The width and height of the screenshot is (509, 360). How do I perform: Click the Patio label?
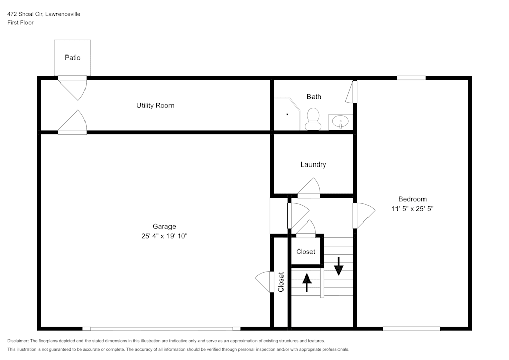point(72,58)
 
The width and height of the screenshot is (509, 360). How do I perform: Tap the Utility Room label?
point(155,106)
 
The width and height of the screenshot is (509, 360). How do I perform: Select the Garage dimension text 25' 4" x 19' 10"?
point(164,236)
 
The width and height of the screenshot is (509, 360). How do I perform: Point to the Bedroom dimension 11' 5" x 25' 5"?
point(412,208)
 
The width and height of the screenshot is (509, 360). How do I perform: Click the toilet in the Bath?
point(312,119)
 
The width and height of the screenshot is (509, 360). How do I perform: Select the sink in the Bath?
point(340,122)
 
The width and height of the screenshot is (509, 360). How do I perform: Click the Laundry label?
point(313,164)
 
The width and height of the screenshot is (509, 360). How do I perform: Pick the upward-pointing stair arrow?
point(307,282)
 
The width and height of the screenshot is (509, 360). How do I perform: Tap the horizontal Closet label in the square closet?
point(306,252)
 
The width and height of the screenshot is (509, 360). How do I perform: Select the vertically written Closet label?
point(281,282)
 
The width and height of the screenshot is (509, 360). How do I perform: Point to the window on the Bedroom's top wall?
point(411,78)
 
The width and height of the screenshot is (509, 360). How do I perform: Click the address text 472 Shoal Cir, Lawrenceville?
point(43,14)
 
